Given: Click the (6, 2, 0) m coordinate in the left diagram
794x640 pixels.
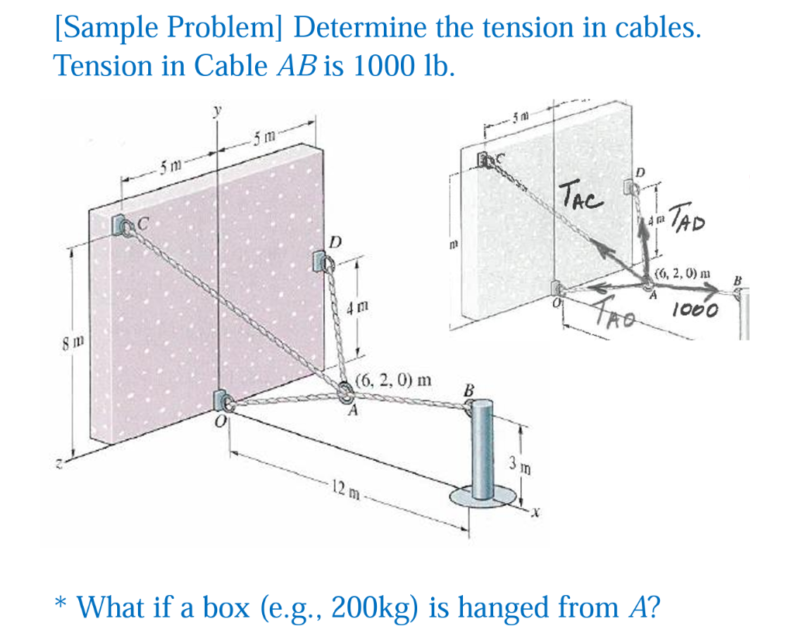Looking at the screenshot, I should [x=393, y=381].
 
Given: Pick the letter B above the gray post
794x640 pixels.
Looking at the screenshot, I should [x=468, y=390].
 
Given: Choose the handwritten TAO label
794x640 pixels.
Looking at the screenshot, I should [x=618, y=315].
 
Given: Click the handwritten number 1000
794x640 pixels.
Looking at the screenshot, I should [x=696, y=310].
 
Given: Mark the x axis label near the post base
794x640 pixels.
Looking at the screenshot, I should [x=534, y=514].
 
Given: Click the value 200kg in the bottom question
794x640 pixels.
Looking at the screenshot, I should [x=375, y=607].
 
